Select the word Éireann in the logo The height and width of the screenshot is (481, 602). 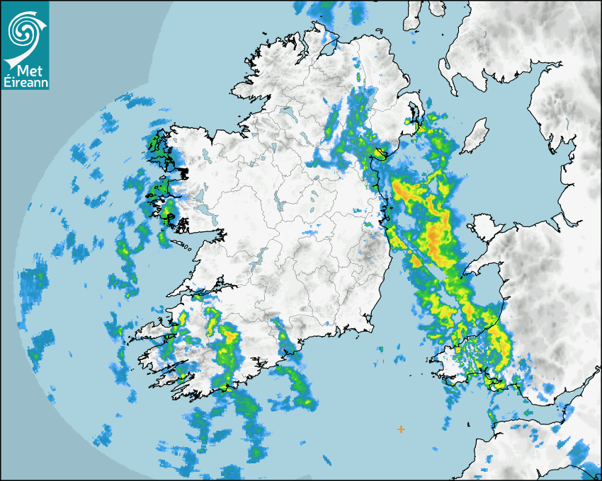point(25,83)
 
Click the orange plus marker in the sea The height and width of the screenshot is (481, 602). point(402,429)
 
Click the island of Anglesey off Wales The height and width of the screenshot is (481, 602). point(483,230)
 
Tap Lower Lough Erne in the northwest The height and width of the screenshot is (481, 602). point(288,112)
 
